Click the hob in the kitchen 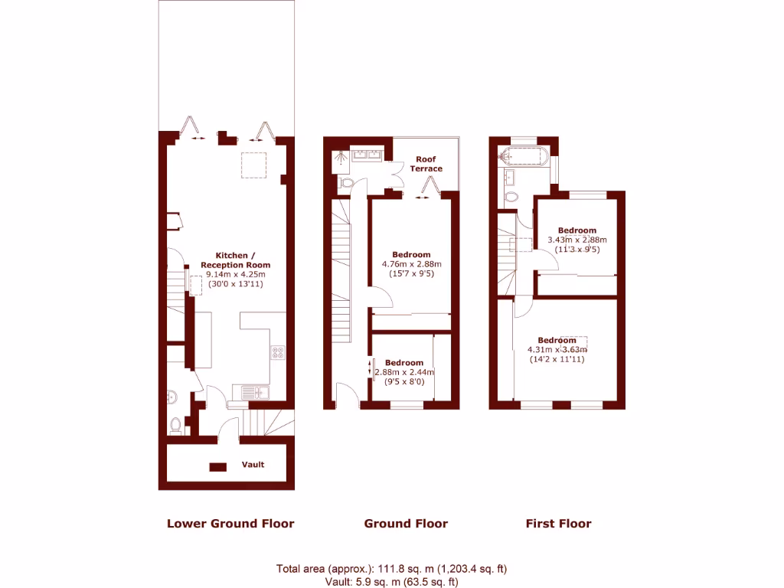coord(278,352)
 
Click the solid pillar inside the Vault coord(218,466)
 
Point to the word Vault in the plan coord(253,465)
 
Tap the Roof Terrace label coord(426,164)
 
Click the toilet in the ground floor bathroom coord(345,184)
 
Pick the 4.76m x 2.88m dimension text coord(411,264)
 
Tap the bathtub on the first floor coord(522,157)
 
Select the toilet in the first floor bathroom coord(511,198)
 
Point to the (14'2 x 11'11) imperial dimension coord(556,359)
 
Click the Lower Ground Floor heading coord(230,524)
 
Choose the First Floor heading coord(558,524)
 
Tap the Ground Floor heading coord(406,524)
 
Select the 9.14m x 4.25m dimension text coord(235,274)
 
